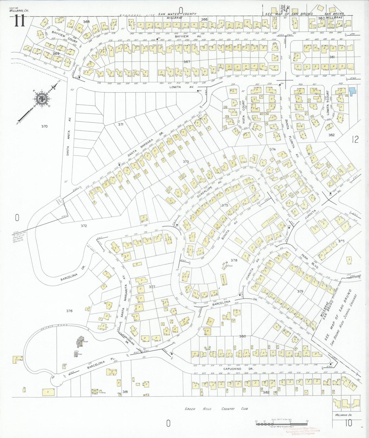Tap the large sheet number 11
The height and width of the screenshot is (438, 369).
[19, 21]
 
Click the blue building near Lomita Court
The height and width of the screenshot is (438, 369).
[352, 91]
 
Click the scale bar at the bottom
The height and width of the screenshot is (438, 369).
[281, 423]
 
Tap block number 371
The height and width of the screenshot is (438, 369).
[121, 124]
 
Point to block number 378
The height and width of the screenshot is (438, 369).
[234, 260]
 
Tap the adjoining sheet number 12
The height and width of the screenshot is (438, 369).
[355, 140]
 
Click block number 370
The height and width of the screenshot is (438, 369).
[44, 126]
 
